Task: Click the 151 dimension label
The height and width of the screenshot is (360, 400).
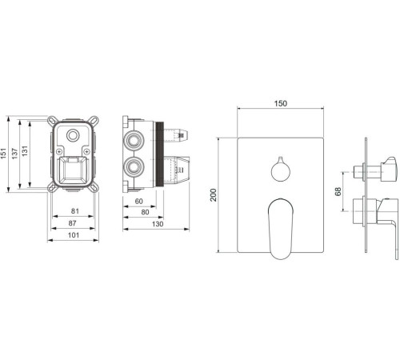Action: point(3,154)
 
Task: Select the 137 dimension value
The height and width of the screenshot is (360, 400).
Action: point(14,154)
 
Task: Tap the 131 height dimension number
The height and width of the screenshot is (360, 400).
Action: point(25,151)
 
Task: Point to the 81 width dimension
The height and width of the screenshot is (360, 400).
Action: point(75,211)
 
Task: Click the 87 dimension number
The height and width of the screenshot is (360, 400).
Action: point(72,223)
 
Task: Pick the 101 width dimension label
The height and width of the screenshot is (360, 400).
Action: point(74,235)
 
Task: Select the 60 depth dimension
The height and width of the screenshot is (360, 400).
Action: point(138,202)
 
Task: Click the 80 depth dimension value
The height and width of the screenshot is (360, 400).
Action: point(145,213)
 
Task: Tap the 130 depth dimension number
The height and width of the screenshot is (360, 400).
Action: point(158,224)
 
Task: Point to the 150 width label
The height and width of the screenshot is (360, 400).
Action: point(281,103)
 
